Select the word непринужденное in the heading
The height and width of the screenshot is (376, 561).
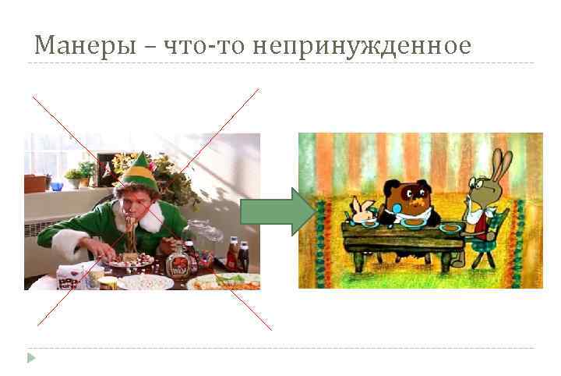coord(361,45)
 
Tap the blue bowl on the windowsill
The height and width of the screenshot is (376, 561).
coord(56,186)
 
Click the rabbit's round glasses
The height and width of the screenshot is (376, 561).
coord(475,186)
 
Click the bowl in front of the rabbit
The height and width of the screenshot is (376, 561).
coord(451,228)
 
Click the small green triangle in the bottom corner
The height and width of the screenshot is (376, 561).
coord(31,357)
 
